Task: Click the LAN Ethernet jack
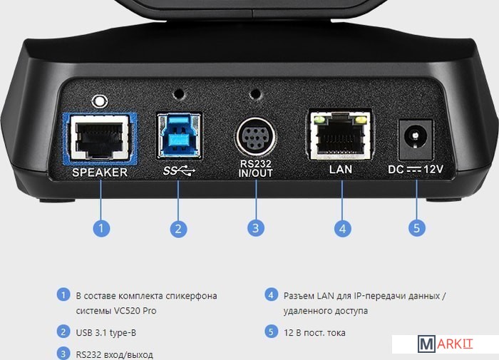click(340, 135)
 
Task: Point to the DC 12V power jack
click(416, 139)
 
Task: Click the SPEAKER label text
click(100, 173)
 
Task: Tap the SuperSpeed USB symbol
click(179, 171)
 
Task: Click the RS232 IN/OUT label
click(255, 169)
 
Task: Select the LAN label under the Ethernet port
click(341, 170)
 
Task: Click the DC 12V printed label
click(416, 170)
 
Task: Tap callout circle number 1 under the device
click(101, 228)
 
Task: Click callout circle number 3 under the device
click(256, 228)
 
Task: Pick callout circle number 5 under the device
click(417, 228)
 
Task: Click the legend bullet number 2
click(63, 331)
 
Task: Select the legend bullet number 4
click(271, 294)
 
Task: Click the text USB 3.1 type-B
click(106, 333)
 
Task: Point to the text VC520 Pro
click(135, 311)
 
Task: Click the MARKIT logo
click(445, 344)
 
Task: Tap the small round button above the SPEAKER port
click(99, 101)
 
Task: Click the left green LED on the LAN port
click(319, 120)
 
